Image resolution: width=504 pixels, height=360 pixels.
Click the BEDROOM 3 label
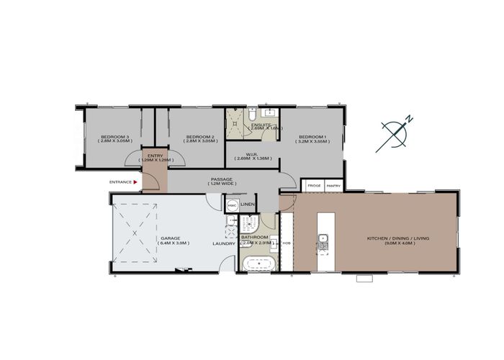point(114,137)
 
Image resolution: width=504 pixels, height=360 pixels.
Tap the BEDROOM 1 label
point(312,137)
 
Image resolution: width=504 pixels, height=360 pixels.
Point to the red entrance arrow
point(135,183)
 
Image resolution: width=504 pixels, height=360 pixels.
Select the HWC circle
point(232,205)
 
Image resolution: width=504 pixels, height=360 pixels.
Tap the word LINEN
point(248,205)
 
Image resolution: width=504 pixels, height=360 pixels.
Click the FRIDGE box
point(314,186)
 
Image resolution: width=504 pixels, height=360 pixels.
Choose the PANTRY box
point(333,186)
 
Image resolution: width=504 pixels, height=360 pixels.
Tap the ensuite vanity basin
point(271,113)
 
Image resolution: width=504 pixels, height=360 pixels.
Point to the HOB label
point(286,243)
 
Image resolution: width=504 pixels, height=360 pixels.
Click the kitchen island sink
point(323,238)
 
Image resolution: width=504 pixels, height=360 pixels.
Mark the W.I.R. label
point(251,154)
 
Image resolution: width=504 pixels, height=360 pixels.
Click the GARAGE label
point(169,238)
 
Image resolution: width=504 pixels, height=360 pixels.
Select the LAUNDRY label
point(224,243)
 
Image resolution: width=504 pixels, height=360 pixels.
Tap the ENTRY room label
point(156,156)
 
